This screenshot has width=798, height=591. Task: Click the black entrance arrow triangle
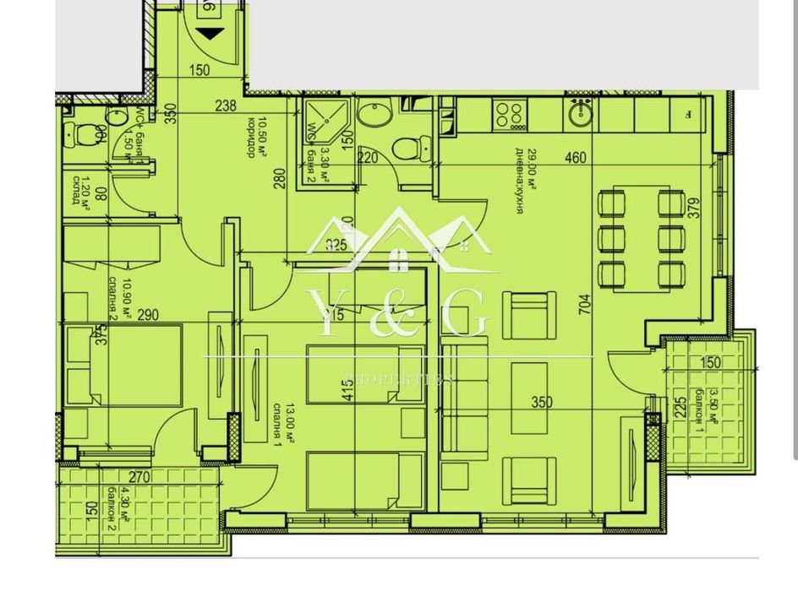coord(210,34)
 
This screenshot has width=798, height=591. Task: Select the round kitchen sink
coord(581,114)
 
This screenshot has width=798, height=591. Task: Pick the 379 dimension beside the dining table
coord(694,209)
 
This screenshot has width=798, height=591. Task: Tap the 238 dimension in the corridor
coord(226,106)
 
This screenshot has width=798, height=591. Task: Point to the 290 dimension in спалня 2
coord(146,316)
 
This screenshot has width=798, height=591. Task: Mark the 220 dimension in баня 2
coord(366,156)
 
